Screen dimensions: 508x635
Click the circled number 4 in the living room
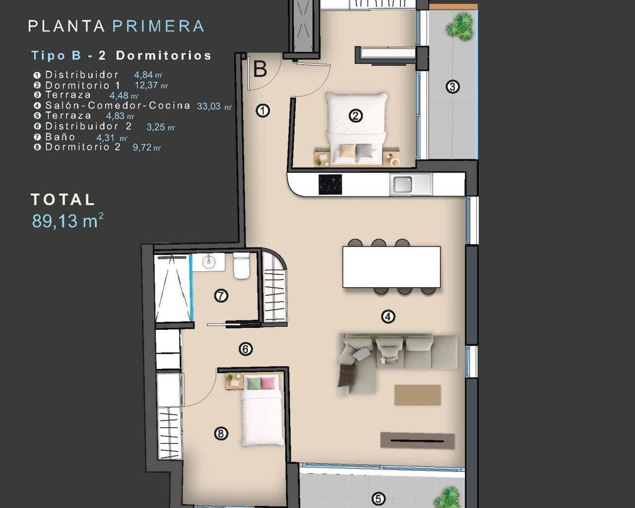388,317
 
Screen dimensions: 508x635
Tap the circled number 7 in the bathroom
221,296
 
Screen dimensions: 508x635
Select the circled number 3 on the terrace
452,87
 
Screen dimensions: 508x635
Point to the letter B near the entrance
260,69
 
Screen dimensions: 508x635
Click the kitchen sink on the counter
402,185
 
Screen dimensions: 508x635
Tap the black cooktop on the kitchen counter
330,185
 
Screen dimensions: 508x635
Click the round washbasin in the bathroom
208,261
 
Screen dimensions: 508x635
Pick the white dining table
391,267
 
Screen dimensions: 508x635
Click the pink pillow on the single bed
268,383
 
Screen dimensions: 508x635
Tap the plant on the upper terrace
459,27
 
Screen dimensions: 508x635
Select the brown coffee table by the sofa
417,395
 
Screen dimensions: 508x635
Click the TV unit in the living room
417,441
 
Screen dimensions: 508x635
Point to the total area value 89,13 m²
67,221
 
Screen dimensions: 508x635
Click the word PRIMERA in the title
158,26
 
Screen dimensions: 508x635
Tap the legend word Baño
60,137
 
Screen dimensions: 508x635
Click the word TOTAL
63,199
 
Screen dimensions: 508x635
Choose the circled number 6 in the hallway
246,349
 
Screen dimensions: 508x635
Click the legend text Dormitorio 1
82,85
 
